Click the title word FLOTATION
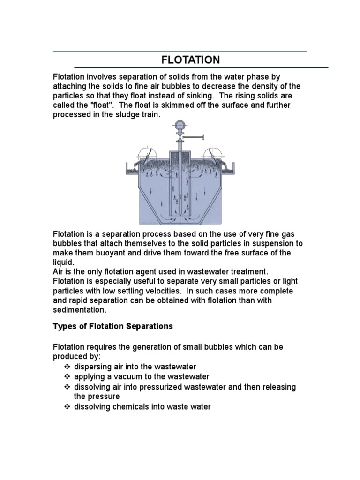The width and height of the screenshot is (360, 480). pos(190,60)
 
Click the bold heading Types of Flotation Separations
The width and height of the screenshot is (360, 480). pos(112,326)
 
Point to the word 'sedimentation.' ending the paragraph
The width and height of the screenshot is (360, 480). pos(80,310)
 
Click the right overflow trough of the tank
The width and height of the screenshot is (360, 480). pos(229,167)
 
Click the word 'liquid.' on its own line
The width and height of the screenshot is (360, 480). pos(63,262)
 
